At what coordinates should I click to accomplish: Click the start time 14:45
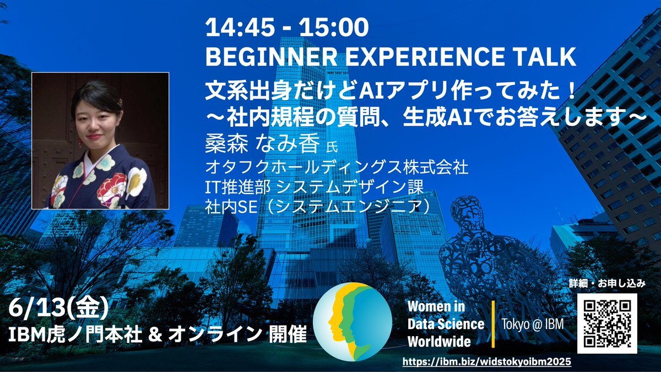(x=243, y=27)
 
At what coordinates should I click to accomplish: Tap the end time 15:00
(x=334, y=27)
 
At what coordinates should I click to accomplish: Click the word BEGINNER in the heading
(x=271, y=56)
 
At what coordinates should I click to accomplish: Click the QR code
(x=607, y=324)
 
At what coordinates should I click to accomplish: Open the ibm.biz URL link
(x=486, y=362)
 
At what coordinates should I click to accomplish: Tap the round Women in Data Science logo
(x=353, y=321)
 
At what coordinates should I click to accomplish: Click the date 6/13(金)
(x=58, y=308)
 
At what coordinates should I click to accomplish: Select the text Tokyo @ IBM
(x=533, y=324)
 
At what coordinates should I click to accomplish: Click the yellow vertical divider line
(x=492, y=324)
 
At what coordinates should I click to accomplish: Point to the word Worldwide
(x=439, y=342)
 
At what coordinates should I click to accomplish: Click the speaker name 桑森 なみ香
(x=263, y=144)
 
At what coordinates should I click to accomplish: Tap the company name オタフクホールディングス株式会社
(x=337, y=167)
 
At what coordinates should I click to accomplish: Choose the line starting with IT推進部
(x=315, y=187)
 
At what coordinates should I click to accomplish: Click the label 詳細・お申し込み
(x=607, y=284)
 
